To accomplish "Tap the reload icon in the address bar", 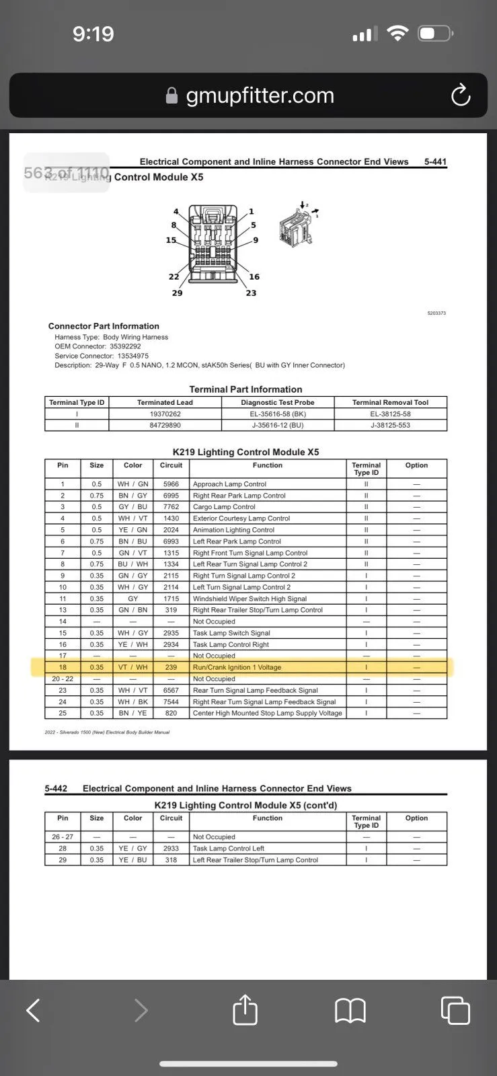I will (461, 95).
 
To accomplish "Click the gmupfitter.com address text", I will (260, 95).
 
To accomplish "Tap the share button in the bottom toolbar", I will (245, 1010).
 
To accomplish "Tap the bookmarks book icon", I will (350, 1010).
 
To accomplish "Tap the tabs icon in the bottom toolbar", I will (455, 1010).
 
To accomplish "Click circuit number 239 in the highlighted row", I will (171, 667).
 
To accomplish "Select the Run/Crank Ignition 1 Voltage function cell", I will (237, 667).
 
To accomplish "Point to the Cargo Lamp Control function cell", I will (224, 507).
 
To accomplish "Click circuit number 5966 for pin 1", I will (171, 484).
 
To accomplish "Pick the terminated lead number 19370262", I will (165, 414).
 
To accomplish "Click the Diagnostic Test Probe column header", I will (278, 402).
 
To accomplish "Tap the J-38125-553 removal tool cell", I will (390, 425).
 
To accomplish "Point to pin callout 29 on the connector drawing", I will (177, 293).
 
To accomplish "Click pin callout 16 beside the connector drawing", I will (254, 276).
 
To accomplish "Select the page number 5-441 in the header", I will (435, 161).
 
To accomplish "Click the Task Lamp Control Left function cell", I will (229, 849).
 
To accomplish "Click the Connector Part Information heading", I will (104, 326).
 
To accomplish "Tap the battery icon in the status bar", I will (435, 34).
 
